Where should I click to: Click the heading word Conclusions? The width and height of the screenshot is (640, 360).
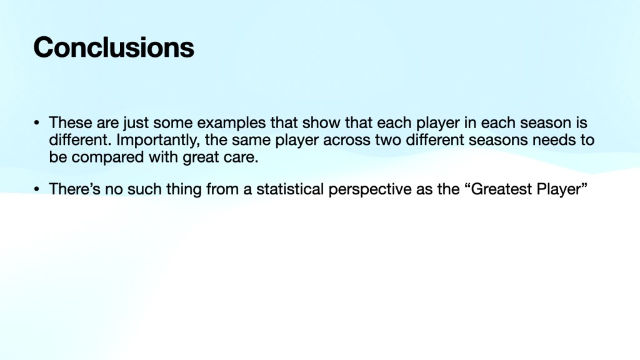pos(114,47)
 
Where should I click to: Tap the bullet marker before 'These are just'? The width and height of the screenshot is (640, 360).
pos(37,122)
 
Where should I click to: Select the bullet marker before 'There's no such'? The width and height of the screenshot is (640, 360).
pos(37,189)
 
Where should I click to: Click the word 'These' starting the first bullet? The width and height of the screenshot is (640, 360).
pos(71,122)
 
